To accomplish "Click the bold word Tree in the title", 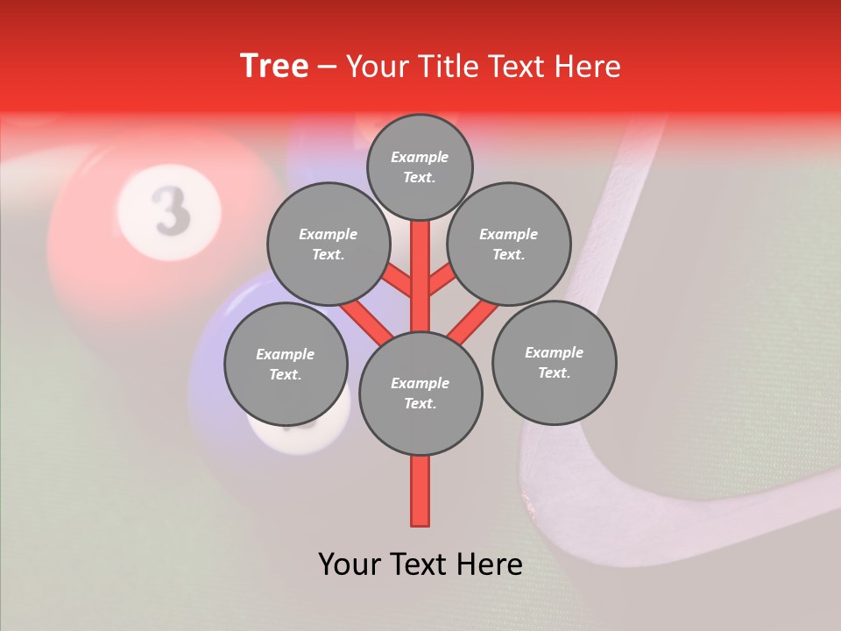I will click(274, 66).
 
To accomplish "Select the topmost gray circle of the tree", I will click(420, 167).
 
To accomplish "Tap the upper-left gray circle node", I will click(329, 244).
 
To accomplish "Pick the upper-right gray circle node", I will click(509, 244).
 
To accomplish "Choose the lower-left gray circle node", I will click(286, 364).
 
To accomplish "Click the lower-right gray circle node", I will click(554, 362).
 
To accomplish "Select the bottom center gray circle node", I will click(420, 393).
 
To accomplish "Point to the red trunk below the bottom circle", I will click(420, 491).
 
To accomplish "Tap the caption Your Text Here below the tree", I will click(420, 564).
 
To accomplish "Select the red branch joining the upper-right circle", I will click(442, 280).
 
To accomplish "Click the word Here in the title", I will click(588, 66).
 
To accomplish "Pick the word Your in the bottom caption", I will click(349, 564).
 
